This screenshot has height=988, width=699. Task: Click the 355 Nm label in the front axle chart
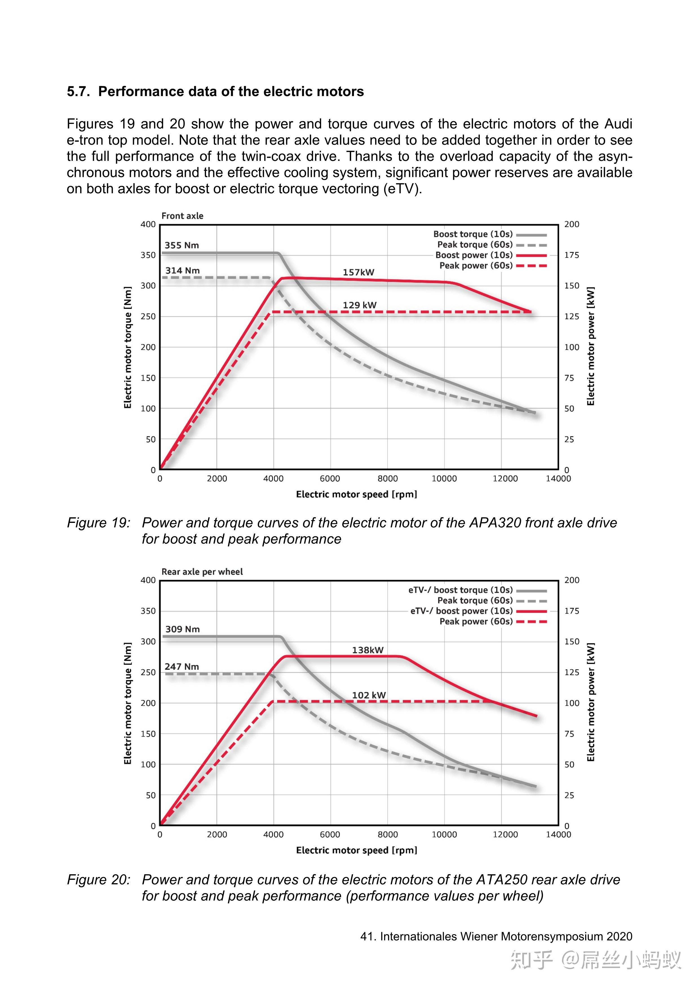click(182, 245)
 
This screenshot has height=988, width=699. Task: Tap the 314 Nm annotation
click(182, 271)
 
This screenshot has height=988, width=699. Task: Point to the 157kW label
click(359, 272)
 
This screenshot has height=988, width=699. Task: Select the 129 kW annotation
click(359, 305)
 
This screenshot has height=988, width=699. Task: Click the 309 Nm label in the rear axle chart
click(182, 629)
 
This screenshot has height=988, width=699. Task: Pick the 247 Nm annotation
click(182, 667)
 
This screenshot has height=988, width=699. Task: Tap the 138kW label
click(368, 650)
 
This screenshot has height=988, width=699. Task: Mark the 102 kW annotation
click(369, 695)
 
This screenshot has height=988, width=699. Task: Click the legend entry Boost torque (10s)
click(473, 234)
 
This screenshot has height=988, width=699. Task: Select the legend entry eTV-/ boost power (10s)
click(461, 611)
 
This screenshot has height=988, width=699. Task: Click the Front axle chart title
click(182, 216)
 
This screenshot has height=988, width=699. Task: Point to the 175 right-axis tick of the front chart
click(572, 255)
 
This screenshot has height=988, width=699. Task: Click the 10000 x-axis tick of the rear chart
click(444, 835)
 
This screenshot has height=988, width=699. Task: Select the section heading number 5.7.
click(78, 92)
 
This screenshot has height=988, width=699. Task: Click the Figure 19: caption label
click(99, 523)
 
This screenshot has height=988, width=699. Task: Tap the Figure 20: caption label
click(99, 880)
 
